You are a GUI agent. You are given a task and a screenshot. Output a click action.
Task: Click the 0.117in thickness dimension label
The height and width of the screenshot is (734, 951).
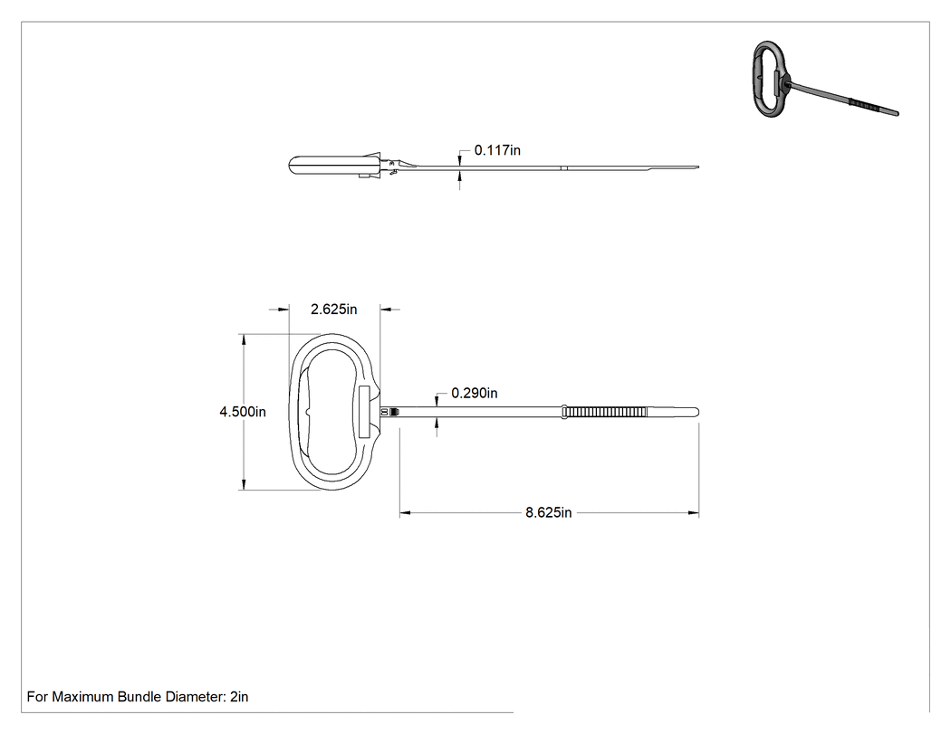(x=497, y=150)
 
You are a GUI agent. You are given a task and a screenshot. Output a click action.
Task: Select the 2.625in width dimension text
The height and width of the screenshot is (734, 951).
(x=333, y=310)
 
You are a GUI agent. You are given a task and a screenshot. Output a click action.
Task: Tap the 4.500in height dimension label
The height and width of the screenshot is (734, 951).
(x=243, y=412)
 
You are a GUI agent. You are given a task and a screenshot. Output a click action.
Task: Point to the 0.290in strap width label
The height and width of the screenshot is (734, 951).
(x=475, y=394)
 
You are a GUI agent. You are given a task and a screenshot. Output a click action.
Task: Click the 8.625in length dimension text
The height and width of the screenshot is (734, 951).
(x=548, y=513)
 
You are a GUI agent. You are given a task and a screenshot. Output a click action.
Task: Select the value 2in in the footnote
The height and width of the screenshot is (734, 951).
(x=239, y=697)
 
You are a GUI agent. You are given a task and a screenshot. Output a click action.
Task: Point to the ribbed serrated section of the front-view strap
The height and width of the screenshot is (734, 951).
(x=605, y=412)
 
